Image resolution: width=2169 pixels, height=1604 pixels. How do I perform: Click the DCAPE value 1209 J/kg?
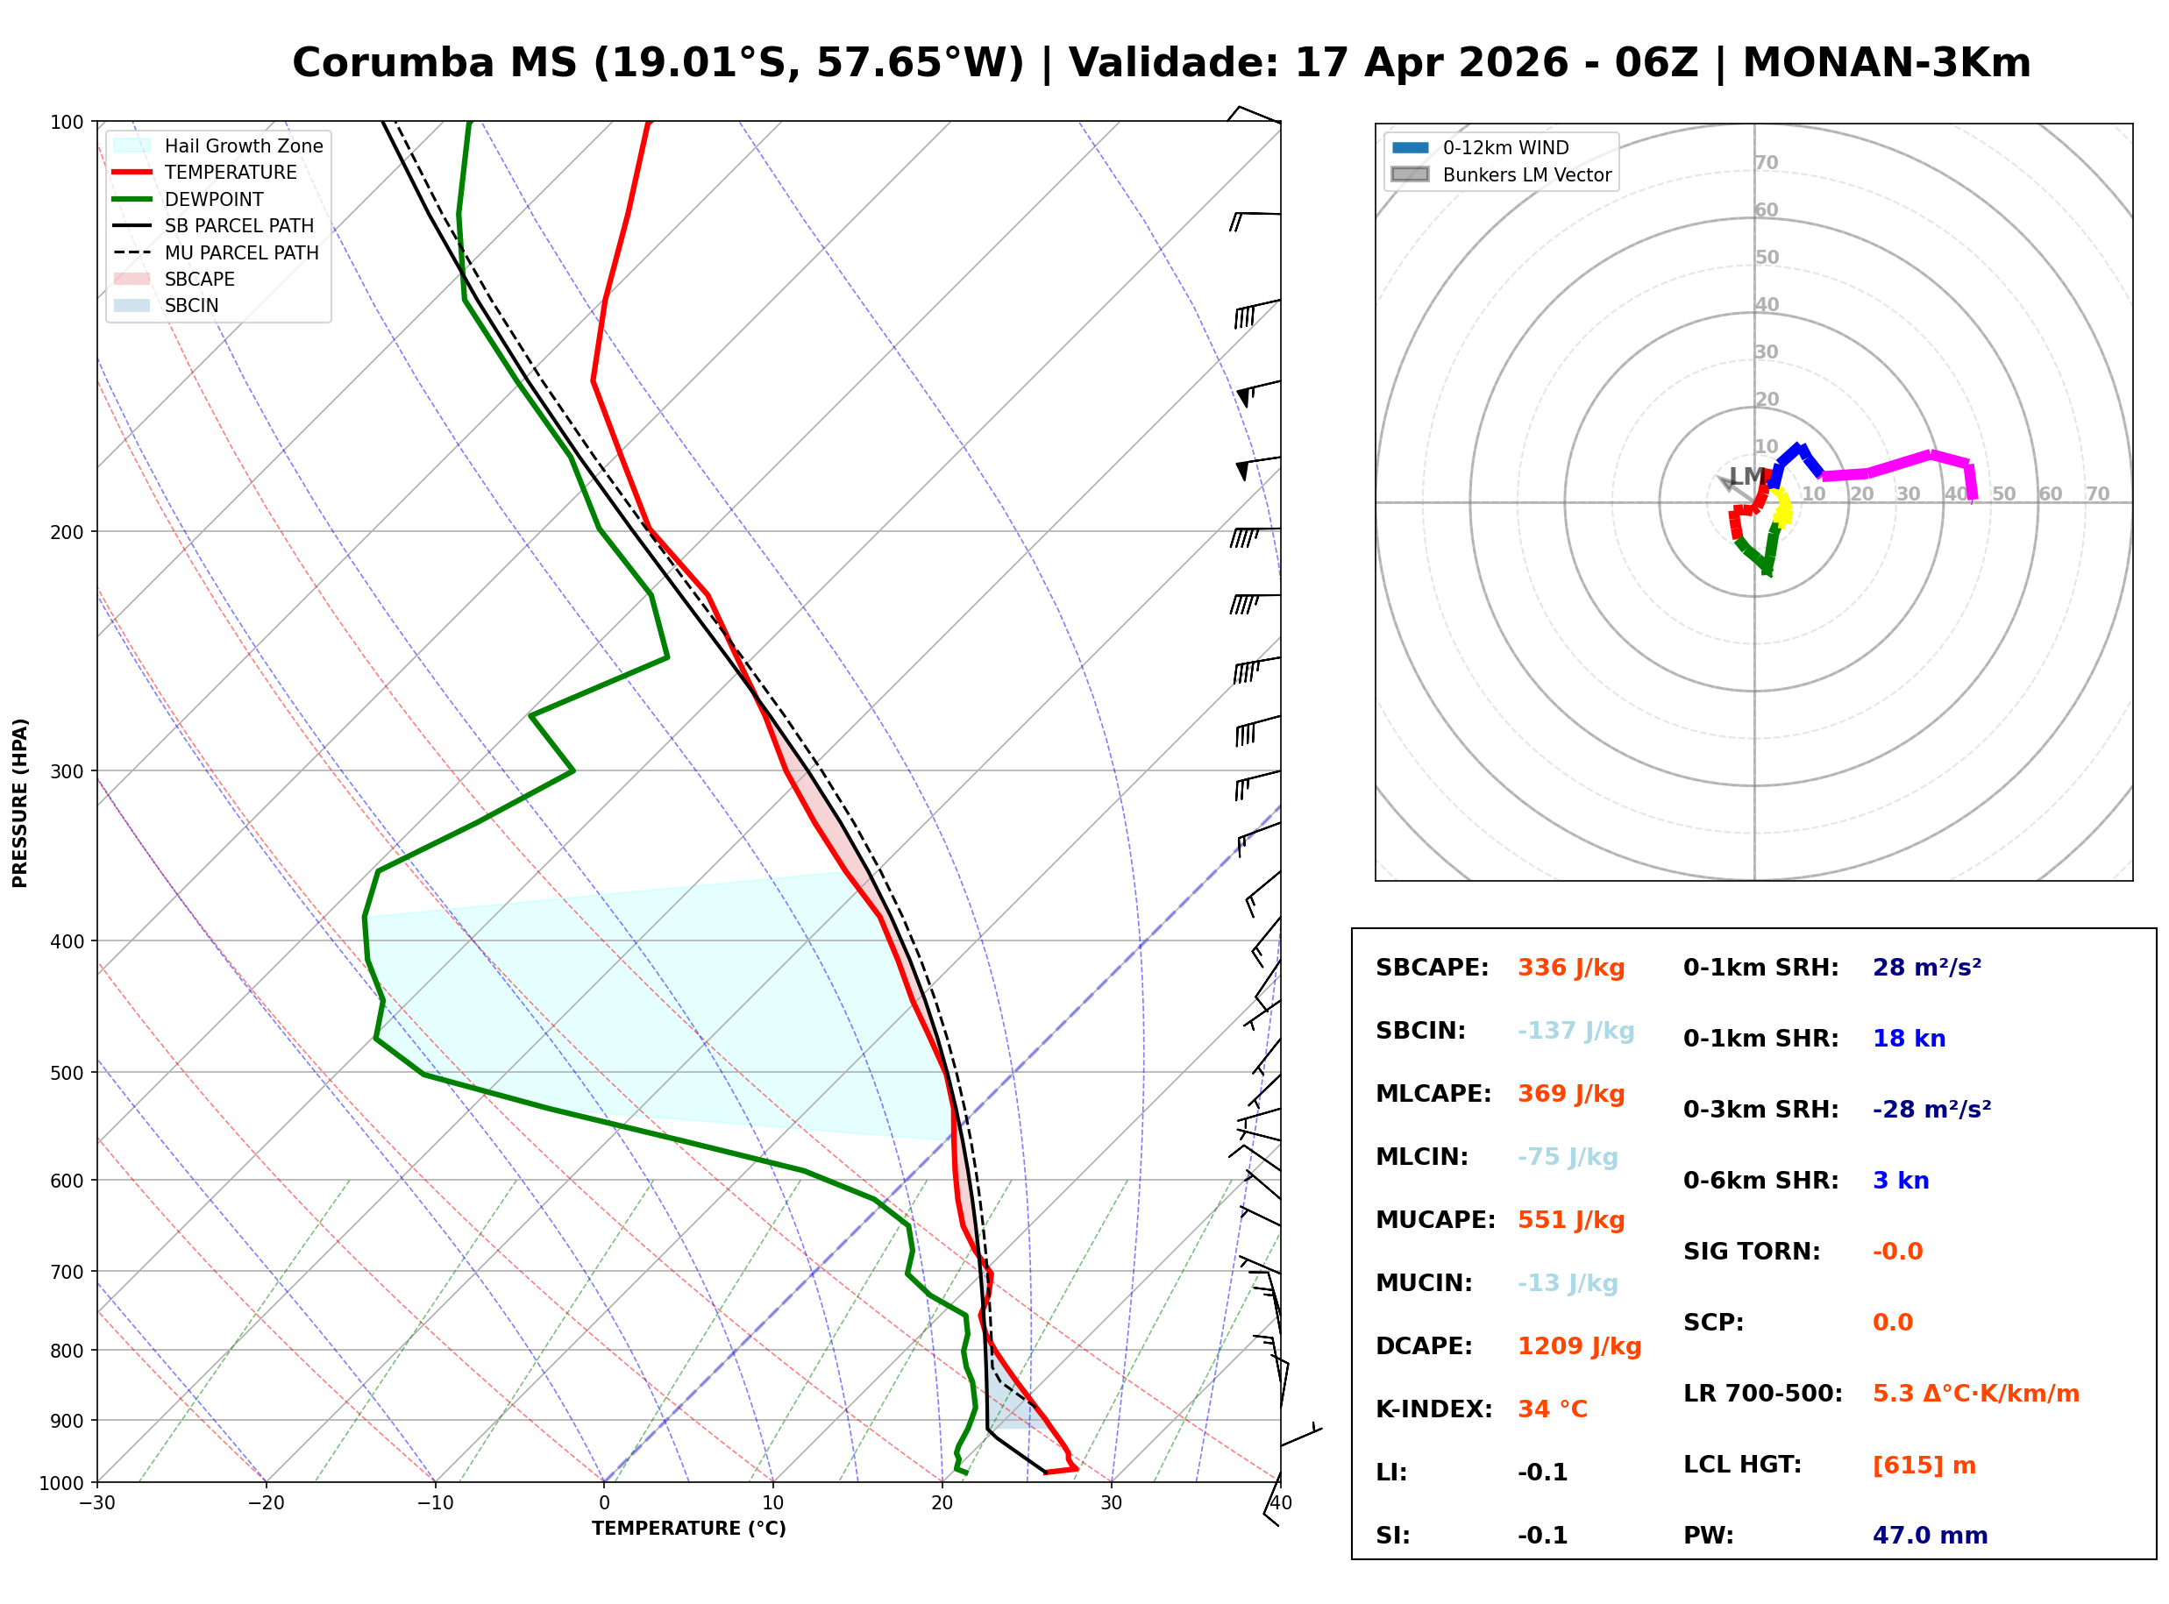click(1579, 1345)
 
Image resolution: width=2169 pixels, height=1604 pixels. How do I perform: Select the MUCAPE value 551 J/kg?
click(1571, 1219)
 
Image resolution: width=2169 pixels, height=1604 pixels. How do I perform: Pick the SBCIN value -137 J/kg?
click(1575, 1030)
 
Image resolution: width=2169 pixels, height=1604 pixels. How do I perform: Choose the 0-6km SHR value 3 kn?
click(1900, 1180)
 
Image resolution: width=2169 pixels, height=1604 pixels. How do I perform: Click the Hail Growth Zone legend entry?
click(243, 145)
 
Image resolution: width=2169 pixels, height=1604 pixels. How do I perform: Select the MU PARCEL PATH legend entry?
click(241, 252)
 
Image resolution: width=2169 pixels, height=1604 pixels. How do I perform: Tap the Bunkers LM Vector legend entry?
click(1526, 174)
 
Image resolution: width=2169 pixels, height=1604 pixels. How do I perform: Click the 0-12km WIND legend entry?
click(1505, 147)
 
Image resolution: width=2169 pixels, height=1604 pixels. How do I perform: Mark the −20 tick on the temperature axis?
click(265, 1503)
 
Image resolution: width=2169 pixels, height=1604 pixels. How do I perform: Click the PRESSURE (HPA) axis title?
click(20, 802)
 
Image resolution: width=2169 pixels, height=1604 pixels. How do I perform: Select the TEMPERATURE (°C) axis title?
click(688, 1529)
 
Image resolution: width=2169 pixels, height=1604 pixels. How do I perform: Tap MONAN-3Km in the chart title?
click(1887, 63)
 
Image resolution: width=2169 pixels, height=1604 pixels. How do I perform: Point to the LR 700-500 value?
click(1975, 1394)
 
